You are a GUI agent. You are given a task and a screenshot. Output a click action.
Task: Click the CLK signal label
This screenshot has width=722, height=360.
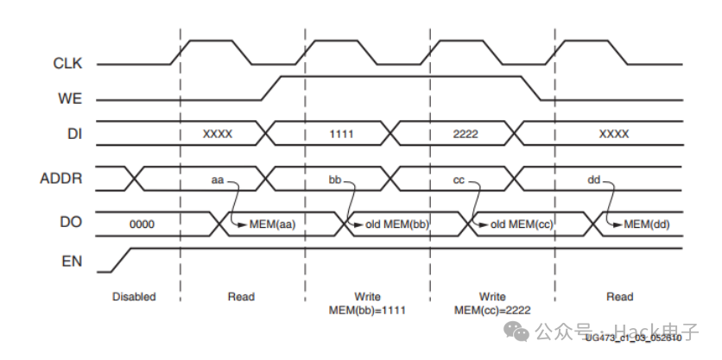(x=67, y=63)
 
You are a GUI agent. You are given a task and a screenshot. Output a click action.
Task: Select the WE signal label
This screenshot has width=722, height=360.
(x=70, y=99)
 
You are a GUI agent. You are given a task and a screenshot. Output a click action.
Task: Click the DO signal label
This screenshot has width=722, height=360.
(x=72, y=222)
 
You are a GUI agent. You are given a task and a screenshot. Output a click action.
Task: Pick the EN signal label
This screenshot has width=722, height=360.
(x=73, y=260)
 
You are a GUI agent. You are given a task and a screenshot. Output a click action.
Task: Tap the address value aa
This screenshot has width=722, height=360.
(x=218, y=180)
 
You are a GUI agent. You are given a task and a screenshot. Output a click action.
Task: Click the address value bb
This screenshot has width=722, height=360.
(x=336, y=180)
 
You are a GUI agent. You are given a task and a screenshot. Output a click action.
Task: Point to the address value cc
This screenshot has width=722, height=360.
(x=459, y=180)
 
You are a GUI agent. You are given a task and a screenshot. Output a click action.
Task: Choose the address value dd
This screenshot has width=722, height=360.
(x=593, y=180)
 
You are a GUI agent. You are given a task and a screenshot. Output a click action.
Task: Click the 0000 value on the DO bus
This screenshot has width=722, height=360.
(x=142, y=224)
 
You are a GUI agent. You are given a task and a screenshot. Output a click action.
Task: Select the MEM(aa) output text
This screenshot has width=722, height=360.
(x=272, y=224)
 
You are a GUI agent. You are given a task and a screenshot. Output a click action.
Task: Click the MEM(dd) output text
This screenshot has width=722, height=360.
(x=647, y=224)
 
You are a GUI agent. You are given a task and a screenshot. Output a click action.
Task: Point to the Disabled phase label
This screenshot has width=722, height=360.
(x=134, y=297)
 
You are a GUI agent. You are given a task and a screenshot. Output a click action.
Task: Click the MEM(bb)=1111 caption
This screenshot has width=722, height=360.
(x=368, y=310)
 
